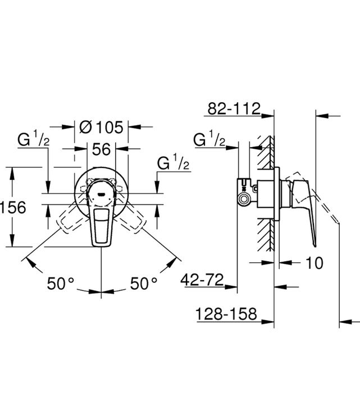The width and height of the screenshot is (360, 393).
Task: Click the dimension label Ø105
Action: point(101,127)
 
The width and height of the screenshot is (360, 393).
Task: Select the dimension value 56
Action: point(101,149)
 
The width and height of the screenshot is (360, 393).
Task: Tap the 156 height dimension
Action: point(13,207)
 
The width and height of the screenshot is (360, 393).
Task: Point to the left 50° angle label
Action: point(61,284)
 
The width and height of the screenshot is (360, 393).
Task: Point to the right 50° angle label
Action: point(143,284)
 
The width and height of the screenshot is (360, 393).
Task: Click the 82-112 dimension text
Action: point(234,108)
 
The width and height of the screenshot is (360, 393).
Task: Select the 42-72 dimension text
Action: point(202,280)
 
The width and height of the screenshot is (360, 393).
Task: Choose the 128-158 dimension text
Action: point(226,313)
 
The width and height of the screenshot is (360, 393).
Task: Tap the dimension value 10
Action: point(315,263)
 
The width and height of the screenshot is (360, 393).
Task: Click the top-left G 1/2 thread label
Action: point(33,139)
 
